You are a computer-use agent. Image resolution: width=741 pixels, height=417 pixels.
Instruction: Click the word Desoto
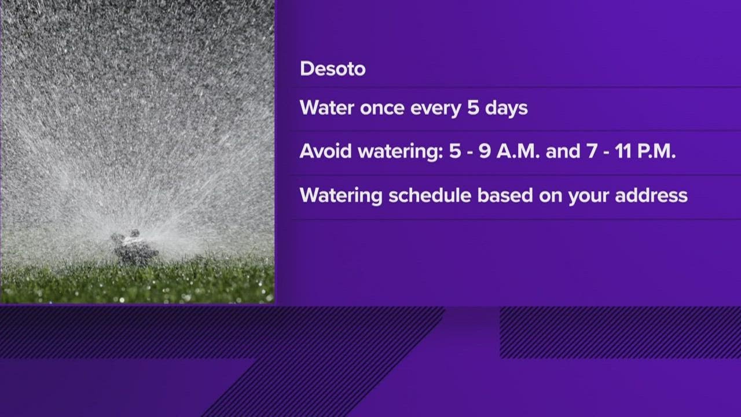[x=332, y=69]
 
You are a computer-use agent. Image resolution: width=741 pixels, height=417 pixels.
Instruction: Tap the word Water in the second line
[x=327, y=108]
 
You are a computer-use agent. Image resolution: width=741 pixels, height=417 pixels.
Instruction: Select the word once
[x=382, y=108]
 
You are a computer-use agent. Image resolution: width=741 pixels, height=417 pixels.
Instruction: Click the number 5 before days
[x=473, y=108]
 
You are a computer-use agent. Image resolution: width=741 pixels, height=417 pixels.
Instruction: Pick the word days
[x=506, y=108]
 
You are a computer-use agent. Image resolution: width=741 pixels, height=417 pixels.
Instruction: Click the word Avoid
[x=325, y=151]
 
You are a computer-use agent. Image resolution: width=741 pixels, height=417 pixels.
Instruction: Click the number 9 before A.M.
[x=485, y=151]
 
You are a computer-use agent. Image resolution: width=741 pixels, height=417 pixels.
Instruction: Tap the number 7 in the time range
[x=592, y=152]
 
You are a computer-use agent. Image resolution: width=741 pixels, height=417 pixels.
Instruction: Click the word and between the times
[x=563, y=151]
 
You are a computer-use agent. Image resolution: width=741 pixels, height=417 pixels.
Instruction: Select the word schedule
[x=430, y=195]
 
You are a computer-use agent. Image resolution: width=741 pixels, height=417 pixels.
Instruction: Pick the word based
[x=505, y=195]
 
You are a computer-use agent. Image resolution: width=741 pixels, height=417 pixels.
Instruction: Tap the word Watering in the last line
[x=341, y=196]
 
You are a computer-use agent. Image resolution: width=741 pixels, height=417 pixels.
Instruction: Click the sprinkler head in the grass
[x=134, y=248]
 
